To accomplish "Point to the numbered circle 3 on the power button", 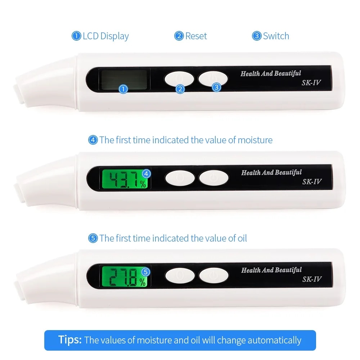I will click(216, 87).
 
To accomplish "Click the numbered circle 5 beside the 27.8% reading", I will click(146, 271).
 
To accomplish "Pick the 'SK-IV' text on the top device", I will click(311, 82).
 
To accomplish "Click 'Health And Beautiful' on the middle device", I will click(271, 172).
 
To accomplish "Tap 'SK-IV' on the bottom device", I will click(311, 279).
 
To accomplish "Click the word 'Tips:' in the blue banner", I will click(70, 340).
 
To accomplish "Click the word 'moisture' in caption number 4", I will click(255, 140).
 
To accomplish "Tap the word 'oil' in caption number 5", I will click(242, 238).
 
